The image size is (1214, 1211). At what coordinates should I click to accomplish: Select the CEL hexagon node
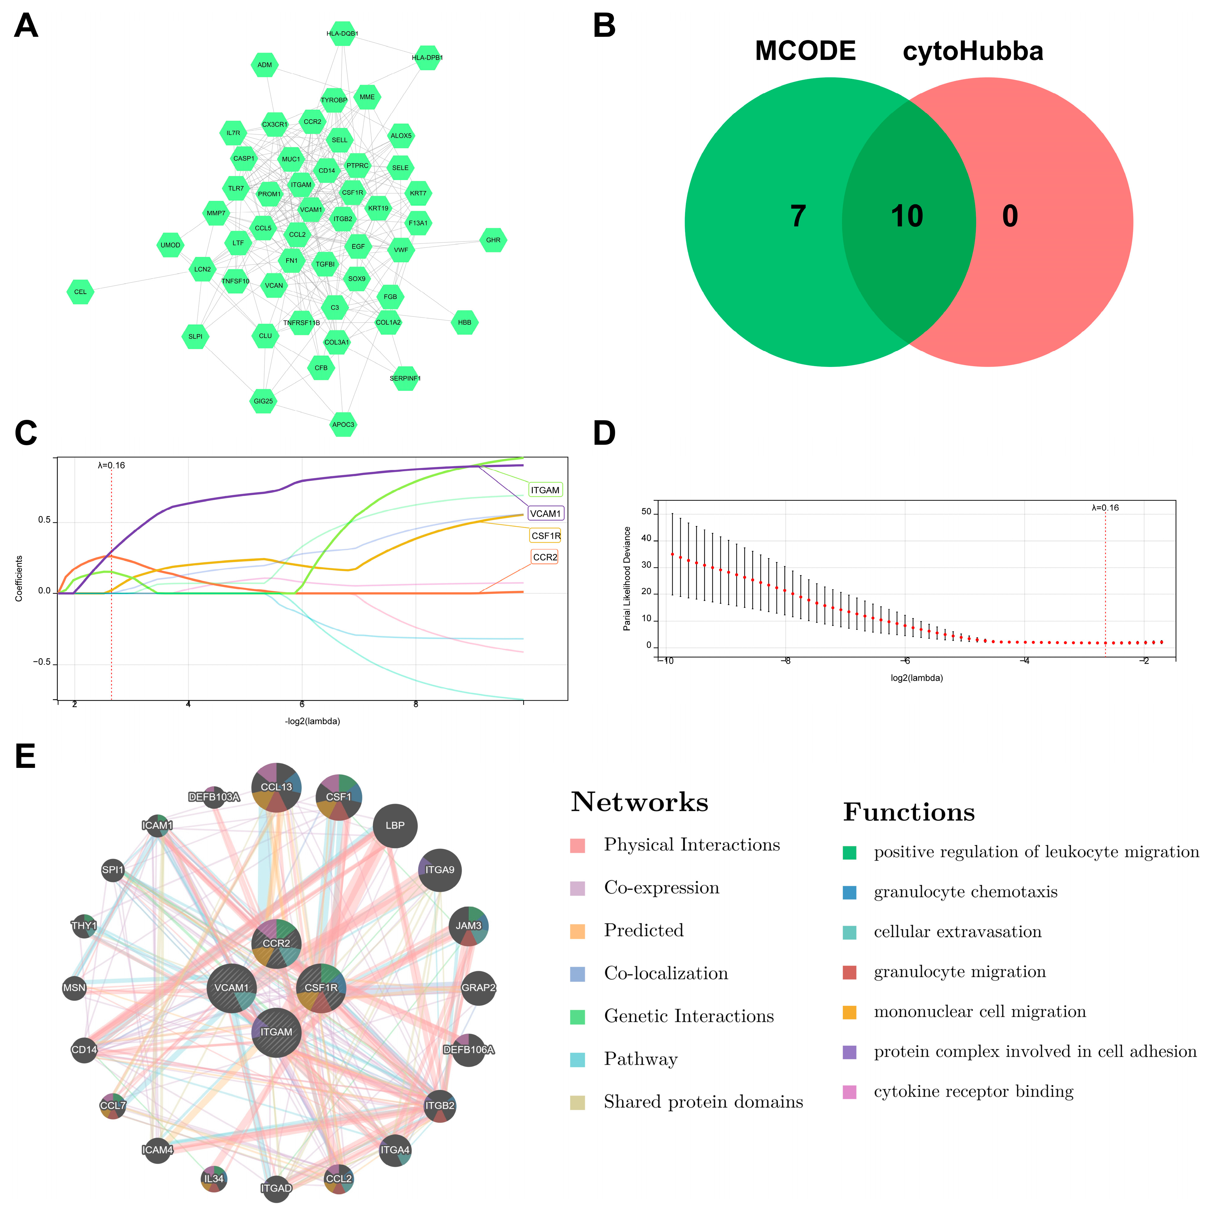[x=80, y=292]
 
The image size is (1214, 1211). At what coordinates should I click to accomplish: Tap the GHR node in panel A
[x=493, y=240]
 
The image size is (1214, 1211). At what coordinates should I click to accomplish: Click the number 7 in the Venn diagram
[x=798, y=216]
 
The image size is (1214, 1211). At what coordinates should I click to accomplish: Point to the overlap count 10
[x=907, y=216]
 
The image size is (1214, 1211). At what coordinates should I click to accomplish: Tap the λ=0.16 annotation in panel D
[x=1105, y=508]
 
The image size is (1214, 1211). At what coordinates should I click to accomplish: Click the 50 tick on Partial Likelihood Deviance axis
[x=646, y=512]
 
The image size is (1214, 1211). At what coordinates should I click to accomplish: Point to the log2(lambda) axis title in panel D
[x=917, y=678]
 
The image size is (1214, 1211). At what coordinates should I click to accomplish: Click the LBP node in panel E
[x=395, y=825]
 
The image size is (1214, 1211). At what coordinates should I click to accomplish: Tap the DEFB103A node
[x=214, y=797]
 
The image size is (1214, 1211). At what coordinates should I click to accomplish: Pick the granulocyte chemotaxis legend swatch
[x=849, y=892]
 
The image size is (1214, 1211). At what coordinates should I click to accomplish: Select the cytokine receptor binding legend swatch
[x=849, y=1092]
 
